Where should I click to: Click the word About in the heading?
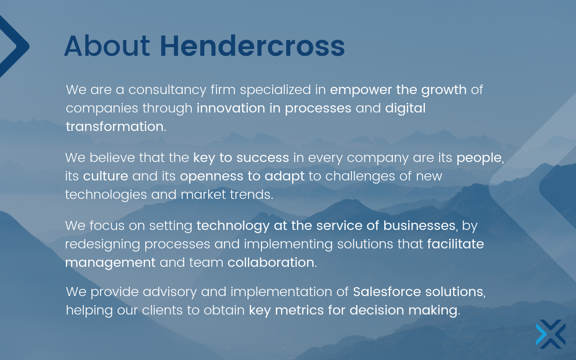pyautogui.click(x=107, y=46)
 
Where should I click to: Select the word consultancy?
pyautogui.click(x=167, y=90)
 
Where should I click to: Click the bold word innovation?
pyautogui.click(x=230, y=108)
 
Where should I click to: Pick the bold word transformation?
pyautogui.click(x=114, y=127)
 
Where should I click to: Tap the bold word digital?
pyautogui.click(x=405, y=108)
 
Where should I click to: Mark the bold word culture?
pyautogui.click(x=106, y=176)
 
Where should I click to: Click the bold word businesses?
pyautogui.click(x=419, y=225)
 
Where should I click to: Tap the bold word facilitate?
pyautogui.click(x=455, y=244)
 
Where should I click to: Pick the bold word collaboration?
pyautogui.click(x=270, y=262)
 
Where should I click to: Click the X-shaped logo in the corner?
pyautogui.click(x=550, y=334)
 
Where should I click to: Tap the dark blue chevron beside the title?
pyautogui.click(x=13, y=46)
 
